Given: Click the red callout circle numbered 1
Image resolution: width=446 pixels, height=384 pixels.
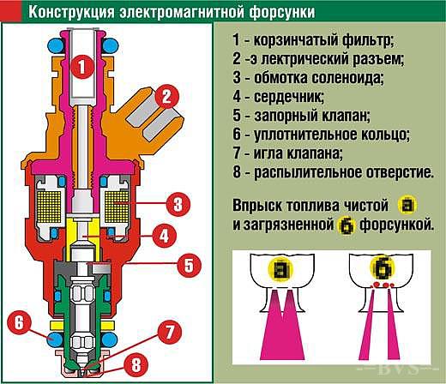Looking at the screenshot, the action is (x=82, y=67).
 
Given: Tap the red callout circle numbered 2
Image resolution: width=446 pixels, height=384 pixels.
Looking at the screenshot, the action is (x=166, y=97).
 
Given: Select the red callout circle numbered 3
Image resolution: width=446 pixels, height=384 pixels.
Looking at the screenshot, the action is (x=178, y=204).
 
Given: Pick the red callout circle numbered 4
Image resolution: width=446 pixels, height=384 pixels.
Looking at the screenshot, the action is (x=164, y=236).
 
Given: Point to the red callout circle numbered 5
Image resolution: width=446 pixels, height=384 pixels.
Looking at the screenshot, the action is (x=189, y=266).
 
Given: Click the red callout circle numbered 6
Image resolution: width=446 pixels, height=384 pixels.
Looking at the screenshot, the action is (x=19, y=323).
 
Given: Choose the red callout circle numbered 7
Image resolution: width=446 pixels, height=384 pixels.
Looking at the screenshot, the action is (x=170, y=332).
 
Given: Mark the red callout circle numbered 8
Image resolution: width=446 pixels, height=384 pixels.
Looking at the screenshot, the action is (x=136, y=365).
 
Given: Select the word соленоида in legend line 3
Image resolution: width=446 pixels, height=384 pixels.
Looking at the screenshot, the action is (x=347, y=78).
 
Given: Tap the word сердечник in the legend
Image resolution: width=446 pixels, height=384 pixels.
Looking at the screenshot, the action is (x=289, y=97).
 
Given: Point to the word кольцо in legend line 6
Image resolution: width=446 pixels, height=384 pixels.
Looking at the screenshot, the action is (x=385, y=135).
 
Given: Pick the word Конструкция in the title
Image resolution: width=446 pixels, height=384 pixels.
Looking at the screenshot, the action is (x=71, y=12).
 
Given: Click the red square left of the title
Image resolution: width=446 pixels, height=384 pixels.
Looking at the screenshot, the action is (x=10, y=11).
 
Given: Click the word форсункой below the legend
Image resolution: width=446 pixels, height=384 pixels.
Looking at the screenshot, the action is (x=396, y=225).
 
